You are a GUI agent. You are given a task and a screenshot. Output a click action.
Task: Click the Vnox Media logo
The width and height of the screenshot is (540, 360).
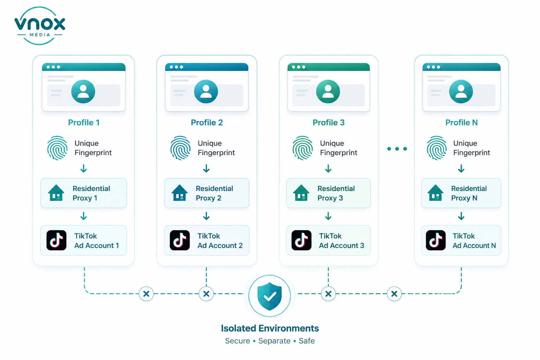[x=40, y=26]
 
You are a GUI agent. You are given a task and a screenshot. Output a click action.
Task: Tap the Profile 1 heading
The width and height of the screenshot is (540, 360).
[x=84, y=122]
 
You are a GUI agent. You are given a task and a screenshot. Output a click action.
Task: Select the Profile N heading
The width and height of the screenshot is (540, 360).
[x=462, y=122]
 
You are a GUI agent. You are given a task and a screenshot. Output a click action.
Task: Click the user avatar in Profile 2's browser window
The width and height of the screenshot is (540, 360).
[x=206, y=91]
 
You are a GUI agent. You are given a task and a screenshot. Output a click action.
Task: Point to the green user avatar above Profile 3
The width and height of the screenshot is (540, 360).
[x=328, y=91]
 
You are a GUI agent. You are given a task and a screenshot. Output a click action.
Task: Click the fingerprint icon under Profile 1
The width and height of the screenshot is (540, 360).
[x=57, y=148]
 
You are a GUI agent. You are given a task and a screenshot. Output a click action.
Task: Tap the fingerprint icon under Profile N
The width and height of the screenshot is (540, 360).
[x=437, y=148]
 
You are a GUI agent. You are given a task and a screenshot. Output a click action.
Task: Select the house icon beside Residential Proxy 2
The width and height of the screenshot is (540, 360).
[x=179, y=193]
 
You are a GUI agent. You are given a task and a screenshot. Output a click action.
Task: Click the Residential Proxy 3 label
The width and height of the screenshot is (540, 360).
[x=336, y=193]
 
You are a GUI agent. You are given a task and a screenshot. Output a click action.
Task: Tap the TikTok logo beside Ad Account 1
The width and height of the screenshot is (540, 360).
[x=56, y=240]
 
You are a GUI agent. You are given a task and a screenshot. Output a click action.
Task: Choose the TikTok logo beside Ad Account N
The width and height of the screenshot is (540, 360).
[x=436, y=240]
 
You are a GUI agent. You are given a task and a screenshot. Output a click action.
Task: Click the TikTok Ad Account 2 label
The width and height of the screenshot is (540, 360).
[x=220, y=240]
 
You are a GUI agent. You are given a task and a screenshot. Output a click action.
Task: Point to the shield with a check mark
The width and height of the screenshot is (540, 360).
[x=269, y=296]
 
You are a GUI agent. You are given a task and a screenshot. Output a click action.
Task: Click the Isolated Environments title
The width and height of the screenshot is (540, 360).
[x=270, y=328]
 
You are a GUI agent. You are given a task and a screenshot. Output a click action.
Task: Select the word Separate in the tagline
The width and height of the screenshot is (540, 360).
[x=274, y=341]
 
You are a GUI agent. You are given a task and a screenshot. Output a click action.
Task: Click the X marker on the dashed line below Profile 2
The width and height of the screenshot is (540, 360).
[x=206, y=294]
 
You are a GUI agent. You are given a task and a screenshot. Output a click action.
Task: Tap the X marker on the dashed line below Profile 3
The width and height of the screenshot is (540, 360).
[x=328, y=294]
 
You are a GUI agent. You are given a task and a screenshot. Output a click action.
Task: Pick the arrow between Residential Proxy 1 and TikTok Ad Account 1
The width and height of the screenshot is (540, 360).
[x=84, y=216]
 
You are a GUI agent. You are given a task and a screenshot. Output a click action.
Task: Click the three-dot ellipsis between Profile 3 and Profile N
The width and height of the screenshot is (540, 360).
[x=397, y=149]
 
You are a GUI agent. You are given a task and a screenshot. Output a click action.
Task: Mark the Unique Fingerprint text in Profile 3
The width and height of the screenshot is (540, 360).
[x=338, y=148]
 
